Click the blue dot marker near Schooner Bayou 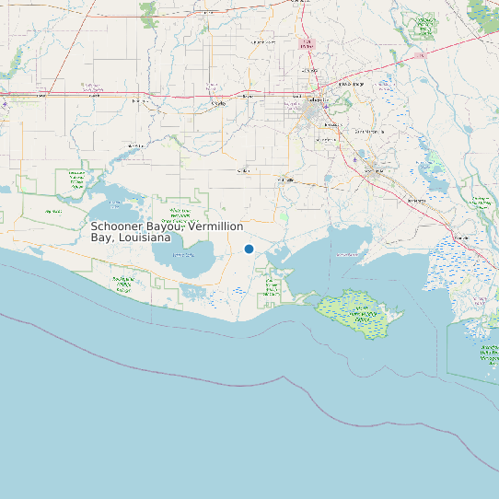249,249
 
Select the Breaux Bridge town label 351,84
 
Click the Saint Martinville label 367,132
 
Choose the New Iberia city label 375,170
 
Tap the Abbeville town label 286,180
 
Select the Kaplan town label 244,171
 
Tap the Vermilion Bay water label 348,255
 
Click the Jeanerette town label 416,200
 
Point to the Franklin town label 462,238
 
